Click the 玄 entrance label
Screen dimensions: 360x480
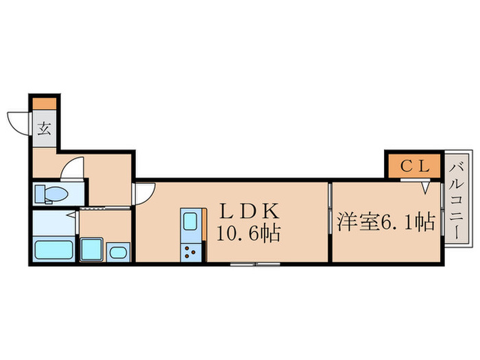pyautogui.click(x=44, y=128)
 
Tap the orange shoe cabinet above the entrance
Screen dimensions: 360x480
pyautogui.click(x=45, y=104)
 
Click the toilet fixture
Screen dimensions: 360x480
pyautogui.click(x=51, y=194)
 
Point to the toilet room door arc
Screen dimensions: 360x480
pyautogui.click(x=72, y=168)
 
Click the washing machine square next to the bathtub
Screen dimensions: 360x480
pyautogui.click(x=91, y=249)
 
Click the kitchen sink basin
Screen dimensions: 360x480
pyautogui.click(x=190, y=223)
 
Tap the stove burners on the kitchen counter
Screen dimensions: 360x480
pyautogui.click(x=190, y=252)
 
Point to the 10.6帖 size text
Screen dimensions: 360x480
pyautogui.click(x=248, y=234)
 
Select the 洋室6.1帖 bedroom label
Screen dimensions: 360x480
pyautogui.click(x=386, y=222)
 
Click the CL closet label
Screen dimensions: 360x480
pyautogui.click(x=413, y=165)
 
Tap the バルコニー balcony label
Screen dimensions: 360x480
pyautogui.click(x=457, y=198)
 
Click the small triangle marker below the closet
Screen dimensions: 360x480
pyautogui.click(x=425, y=186)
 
